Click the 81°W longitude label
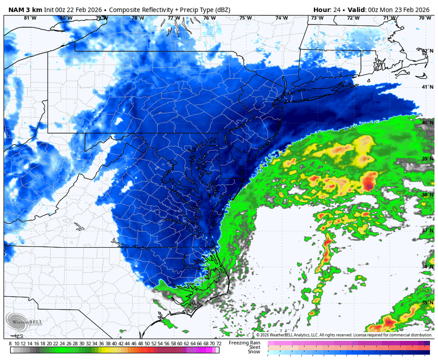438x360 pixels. coord(30,18)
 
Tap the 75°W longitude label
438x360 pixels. coord(246,18)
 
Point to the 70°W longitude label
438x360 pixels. coord(425,18)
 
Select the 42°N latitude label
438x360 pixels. coord(427,51)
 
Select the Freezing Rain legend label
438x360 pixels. coord(245,343)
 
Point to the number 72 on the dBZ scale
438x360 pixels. coord(219,344)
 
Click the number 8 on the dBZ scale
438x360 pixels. coord(11,344)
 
